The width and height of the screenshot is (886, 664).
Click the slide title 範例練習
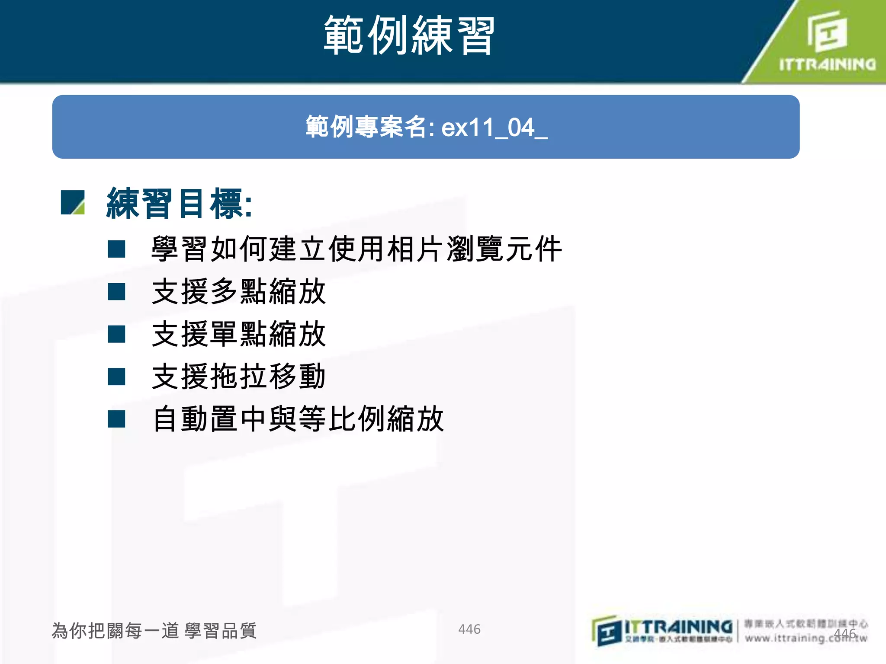pyautogui.click(x=409, y=35)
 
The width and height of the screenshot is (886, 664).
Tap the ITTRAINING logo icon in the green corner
pyautogui.click(x=827, y=32)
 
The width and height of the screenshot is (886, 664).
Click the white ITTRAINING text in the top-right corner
pyautogui.click(x=827, y=64)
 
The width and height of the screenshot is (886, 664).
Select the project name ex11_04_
pyautogui.click(x=494, y=128)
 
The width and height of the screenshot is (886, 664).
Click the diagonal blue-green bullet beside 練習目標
pyautogui.click(x=73, y=202)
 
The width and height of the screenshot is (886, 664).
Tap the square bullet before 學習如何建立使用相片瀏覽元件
pyautogui.click(x=116, y=249)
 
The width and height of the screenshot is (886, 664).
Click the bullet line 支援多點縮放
pyautogui.click(x=239, y=291)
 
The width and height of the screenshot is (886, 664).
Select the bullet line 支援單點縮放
pyautogui.click(x=239, y=334)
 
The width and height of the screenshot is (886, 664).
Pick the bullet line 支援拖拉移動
pyautogui.click(x=239, y=376)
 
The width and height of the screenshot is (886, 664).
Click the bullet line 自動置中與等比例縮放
pyautogui.click(x=298, y=418)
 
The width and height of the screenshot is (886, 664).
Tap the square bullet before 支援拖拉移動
pyautogui.click(x=116, y=377)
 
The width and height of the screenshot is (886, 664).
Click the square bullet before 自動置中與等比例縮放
pyautogui.click(x=116, y=419)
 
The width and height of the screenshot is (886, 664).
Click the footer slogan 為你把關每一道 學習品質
pyautogui.click(x=154, y=631)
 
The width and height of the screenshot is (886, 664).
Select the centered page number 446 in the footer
pyautogui.click(x=469, y=629)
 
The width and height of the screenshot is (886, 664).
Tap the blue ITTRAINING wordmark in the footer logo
pyautogui.click(x=678, y=626)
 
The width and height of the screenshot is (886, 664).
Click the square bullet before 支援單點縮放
pyautogui.click(x=116, y=334)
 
